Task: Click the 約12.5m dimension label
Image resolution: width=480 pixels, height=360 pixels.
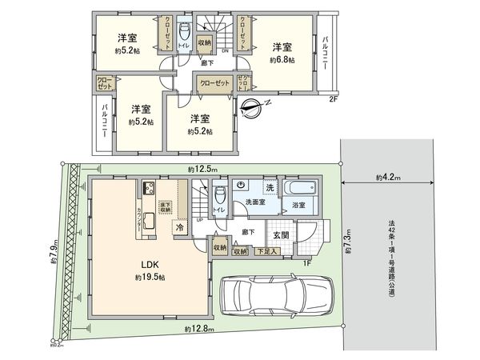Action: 203,170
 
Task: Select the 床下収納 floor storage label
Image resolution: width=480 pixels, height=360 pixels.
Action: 164,208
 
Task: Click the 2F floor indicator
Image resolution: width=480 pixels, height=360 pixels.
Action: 334,101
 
